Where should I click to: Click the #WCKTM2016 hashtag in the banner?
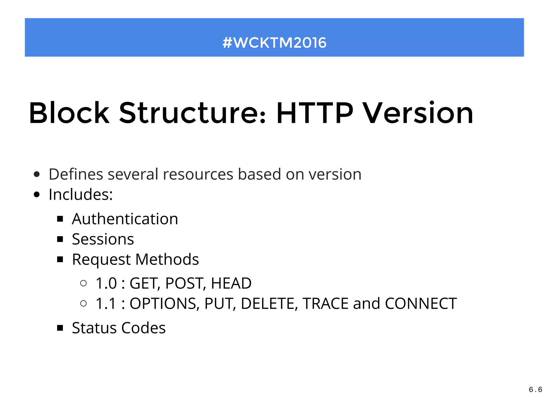coord(274,43)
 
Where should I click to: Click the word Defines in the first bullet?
coord(76,174)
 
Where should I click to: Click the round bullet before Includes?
coord(37,194)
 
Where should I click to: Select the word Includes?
coord(81,194)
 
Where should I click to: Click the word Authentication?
coord(125,219)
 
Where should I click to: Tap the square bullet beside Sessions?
coord(60,239)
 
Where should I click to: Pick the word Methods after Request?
coord(167,259)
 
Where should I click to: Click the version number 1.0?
coord(106,283)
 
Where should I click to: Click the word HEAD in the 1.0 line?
coord(231,283)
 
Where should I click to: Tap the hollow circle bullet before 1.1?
coord(83,303)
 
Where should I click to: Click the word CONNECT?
coord(421,304)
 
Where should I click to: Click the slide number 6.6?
coord(535,390)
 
